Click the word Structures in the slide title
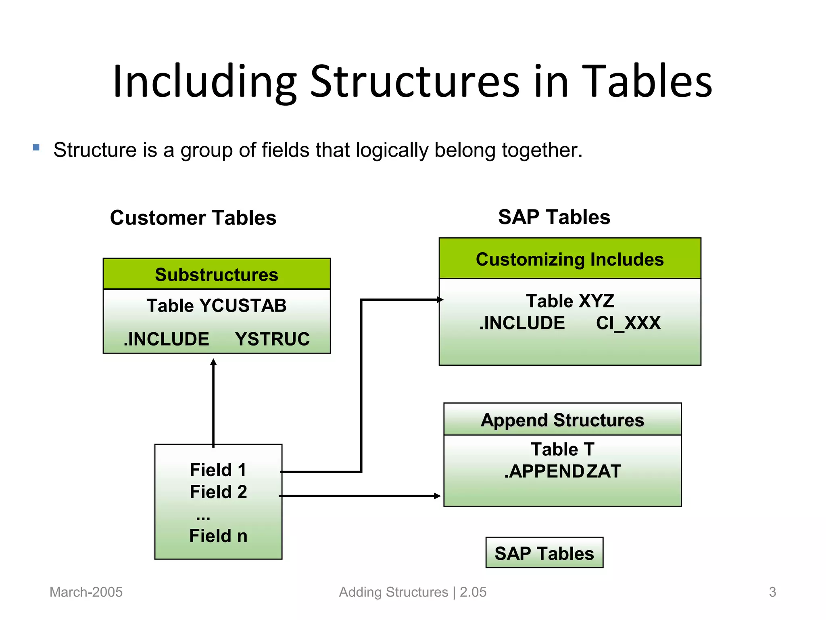(415, 82)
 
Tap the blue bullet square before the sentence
(36, 147)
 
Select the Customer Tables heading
(193, 218)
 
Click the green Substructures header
(217, 274)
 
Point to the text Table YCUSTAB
(217, 306)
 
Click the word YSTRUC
(272, 339)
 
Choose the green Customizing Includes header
(569, 259)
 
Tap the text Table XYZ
(570, 301)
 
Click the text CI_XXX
(628, 323)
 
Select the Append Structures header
(562, 420)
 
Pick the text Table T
(562, 449)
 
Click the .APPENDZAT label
(562, 471)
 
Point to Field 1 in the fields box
(218, 470)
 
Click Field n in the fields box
(218, 536)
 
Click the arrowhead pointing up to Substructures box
(213, 362)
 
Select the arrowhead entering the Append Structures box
(437, 496)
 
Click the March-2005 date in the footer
(86, 592)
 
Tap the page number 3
(772, 592)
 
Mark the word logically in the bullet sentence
(392, 151)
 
